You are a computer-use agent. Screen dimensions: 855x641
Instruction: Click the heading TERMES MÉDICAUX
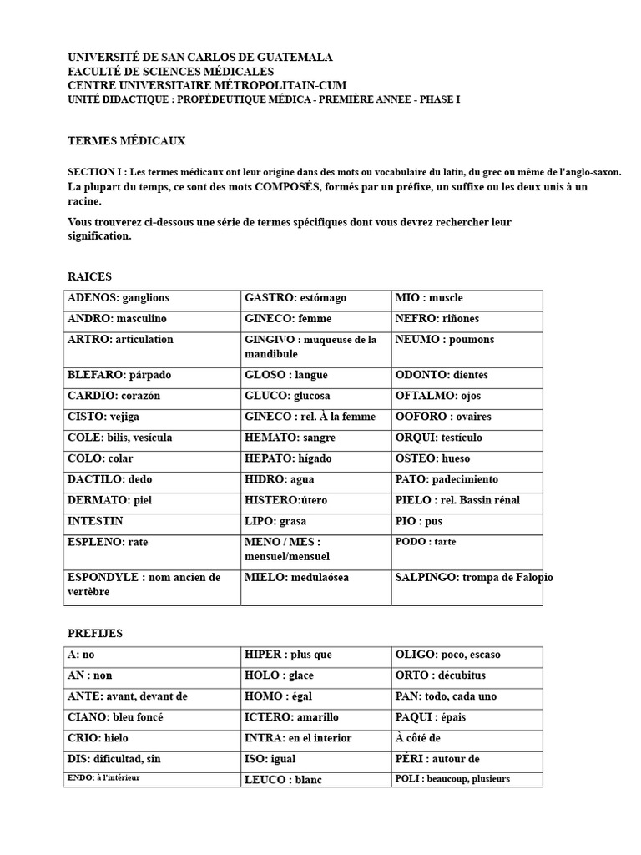pyautogui.click(x=126, y=141)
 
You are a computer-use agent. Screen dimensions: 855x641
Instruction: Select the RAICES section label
pyautogui.click(x=89, y=276)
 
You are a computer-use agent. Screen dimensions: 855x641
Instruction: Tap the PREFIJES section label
pyautogui.click(x=95, y=634)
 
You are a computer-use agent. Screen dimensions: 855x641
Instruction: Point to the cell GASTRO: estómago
pyautogui.click(x=295, y=298)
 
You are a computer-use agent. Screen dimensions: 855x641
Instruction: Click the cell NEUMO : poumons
pyautogui.click(x=444, y=340)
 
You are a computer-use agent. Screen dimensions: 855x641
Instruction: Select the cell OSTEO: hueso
pyautogui.click(x=432, y=458)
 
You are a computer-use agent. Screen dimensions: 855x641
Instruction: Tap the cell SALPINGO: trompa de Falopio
pyautogui.click(x=473, y=578)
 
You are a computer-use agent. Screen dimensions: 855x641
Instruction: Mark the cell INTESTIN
pyautogui.click(x=95, y=521)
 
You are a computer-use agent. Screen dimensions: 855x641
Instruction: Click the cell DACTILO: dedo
pyautogui.click(x=109, y=479)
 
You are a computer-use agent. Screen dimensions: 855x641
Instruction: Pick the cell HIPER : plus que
pyautogui.click(x=288, y=655)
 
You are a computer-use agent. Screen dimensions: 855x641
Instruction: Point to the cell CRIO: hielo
pyautogui.click(x=98, y=738)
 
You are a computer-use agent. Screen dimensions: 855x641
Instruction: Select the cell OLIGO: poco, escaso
pyautogui.click(x=447, y=655)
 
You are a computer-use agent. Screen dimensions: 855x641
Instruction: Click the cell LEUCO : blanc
pyautogui.click(x=283, y=780)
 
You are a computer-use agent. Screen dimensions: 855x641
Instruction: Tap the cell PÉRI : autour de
pyautogui.click(x=437, y=759)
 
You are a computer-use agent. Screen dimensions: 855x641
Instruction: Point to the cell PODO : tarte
pyautogui.click(x=426, y=542)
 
